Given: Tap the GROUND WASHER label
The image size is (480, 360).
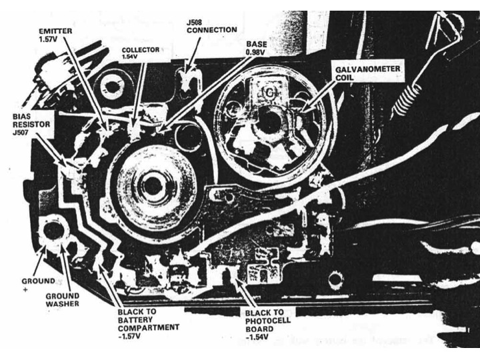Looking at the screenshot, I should [x=62, y=299].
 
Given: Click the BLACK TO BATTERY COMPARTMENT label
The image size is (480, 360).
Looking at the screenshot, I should [x=148, y=319].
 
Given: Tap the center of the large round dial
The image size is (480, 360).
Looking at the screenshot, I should [x=153, y=184].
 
